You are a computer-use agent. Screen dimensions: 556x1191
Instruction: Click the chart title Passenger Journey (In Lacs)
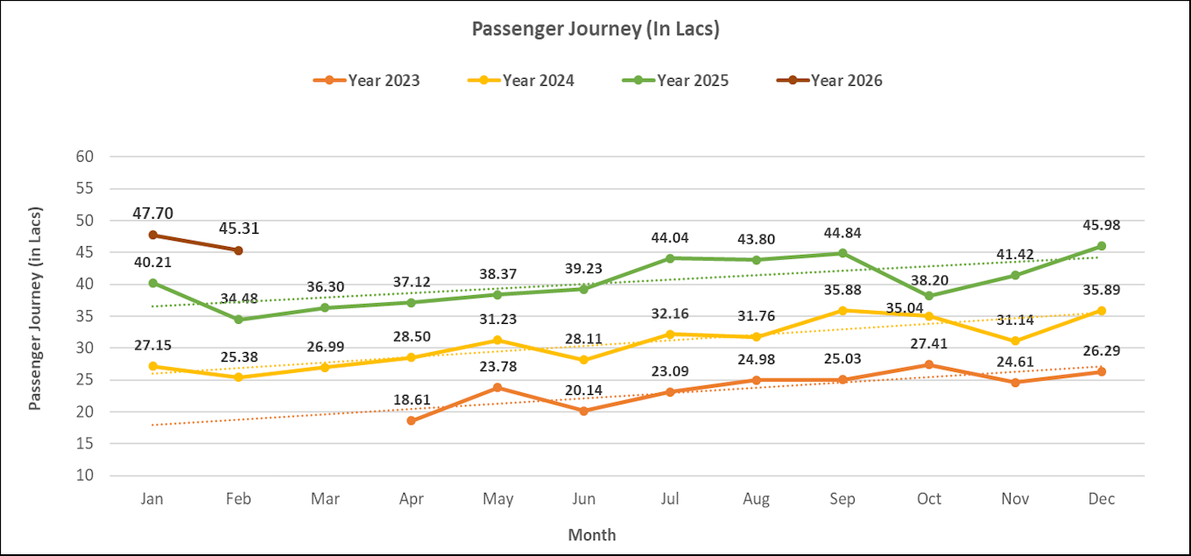(x=595, y=29)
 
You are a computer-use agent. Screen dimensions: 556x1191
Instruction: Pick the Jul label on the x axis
(x=670, y=499)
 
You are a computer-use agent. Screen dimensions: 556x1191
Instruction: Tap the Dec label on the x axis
(x=1101, y=499)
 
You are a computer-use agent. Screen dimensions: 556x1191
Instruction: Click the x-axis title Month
(x=592, y=534)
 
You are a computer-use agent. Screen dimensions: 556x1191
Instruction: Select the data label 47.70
(x=152, y=213)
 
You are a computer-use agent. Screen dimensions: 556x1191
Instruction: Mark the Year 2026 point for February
(x=238, y=250)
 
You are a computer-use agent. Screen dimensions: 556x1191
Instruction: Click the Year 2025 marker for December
(x=1101, y=246)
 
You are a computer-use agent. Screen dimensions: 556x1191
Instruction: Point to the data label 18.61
(x=412, y=399)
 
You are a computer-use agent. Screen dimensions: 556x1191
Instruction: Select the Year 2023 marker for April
(x=412, y=420)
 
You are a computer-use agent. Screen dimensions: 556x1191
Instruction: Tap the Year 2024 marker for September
(x=842, y=311)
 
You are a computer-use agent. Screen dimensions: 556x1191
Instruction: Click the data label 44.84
(x=842, y=233)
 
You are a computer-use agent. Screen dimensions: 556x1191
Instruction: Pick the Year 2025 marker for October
(x=928, y=296)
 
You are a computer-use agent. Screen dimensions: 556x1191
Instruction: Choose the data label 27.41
(x=928, y=343)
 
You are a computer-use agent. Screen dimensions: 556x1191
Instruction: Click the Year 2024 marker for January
(x=152, y=366)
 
